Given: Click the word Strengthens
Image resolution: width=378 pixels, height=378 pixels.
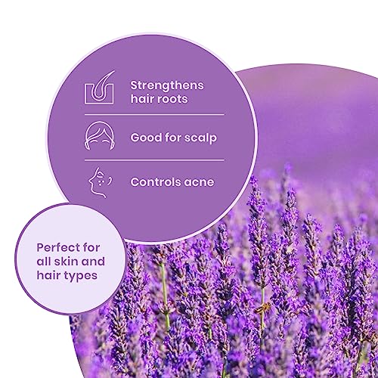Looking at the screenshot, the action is pyautogui.click(x=167, y=85).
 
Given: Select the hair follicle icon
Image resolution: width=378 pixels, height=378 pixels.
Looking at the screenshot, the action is pyautogui.click(x=99, y=87).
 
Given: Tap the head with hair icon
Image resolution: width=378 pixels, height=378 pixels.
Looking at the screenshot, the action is pyautogui.click(x=99, y=135).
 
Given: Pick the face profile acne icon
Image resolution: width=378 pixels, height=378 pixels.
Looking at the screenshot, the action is pyautogui.click(x=100, y=182).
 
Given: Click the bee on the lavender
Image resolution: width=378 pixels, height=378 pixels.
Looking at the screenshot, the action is pyautogui.click(x=262, y=308).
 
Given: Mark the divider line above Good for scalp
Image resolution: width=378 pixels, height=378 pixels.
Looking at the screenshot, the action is pyautogui.click(x=154, y=115).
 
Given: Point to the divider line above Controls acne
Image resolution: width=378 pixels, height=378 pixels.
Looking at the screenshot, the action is pyautogui.click(x=154, y=160).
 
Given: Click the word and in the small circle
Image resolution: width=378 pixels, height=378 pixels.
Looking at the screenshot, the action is pyautogui.click(x=93, y=262).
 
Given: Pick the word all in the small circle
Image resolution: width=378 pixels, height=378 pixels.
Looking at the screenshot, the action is pyautogui.click(x=44, y=262).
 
